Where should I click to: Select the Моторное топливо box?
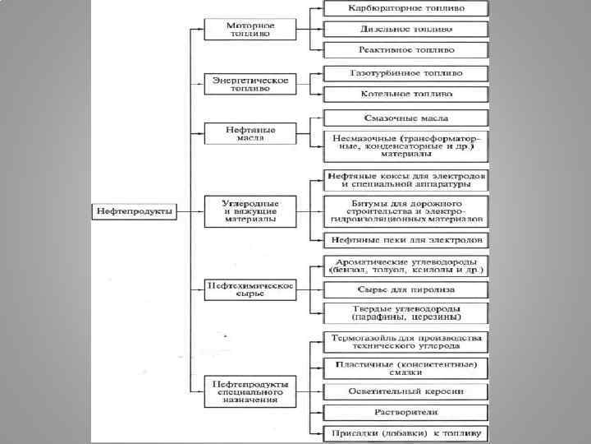tap(250, 30)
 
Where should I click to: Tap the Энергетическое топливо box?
tap(250, 85)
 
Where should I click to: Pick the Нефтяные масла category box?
tap(250, 133)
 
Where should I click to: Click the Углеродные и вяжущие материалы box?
tap(250, 210)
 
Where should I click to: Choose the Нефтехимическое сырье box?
tap(250, 289)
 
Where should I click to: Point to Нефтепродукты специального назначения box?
tap(250, 391)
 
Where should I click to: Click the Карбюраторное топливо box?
tap(405, 8)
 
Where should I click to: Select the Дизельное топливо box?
tap(405, 30)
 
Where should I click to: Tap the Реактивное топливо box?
tap(405, 50)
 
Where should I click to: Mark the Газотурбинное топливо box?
tap(405, 73)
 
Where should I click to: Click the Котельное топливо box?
tap(405, 95)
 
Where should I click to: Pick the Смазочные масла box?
tap(405, 118)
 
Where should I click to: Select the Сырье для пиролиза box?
tap(405, 289)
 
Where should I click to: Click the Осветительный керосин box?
tap(405, 391)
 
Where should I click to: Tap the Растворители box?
tap(405, 411)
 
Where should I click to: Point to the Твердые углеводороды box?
tap(405, 312)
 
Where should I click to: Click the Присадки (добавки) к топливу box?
tap(405, 432)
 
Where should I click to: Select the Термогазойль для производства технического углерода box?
tap(405, 342)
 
